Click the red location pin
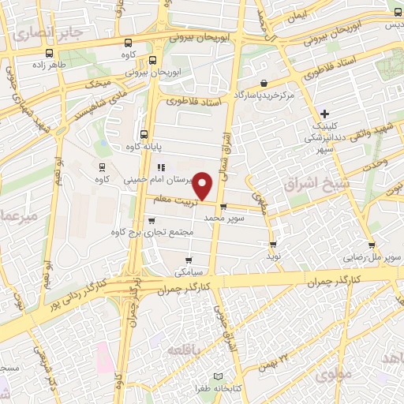(204, 185)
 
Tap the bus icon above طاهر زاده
(50, 54)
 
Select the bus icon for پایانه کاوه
(143, 134)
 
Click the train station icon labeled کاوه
(102, 166)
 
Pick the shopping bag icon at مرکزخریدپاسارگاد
(263, 83)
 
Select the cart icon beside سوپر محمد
(223, 208)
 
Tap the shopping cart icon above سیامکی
(188, 260)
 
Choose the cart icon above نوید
(273, 245)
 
